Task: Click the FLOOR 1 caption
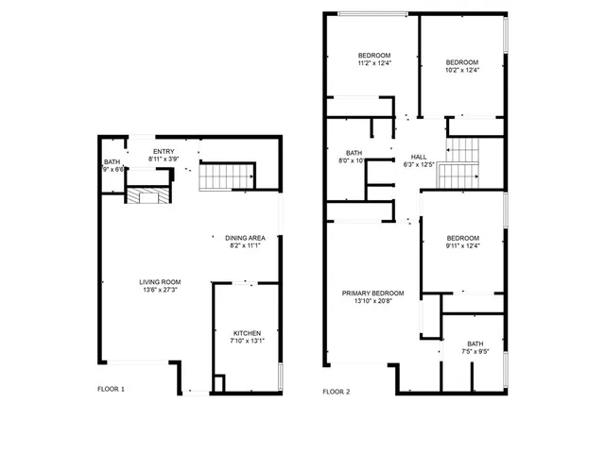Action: click(111, 389)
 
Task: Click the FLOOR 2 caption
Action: click(336, 392)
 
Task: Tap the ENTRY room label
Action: click(164, 152)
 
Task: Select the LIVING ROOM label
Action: click(160, 282)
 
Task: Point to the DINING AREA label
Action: click(244, 237)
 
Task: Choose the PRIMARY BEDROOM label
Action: click(372, 293)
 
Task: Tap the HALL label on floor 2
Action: click(418, 157)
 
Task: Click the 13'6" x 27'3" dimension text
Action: click(160, 291)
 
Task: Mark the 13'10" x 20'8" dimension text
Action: click(372, 301)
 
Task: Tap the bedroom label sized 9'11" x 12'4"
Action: click(463, 238)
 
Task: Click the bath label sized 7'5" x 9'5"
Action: click(475, 344)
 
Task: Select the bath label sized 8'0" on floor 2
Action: click(354, 153)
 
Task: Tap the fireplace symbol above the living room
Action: click(147, 195)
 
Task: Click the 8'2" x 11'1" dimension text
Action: click(244, 245)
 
